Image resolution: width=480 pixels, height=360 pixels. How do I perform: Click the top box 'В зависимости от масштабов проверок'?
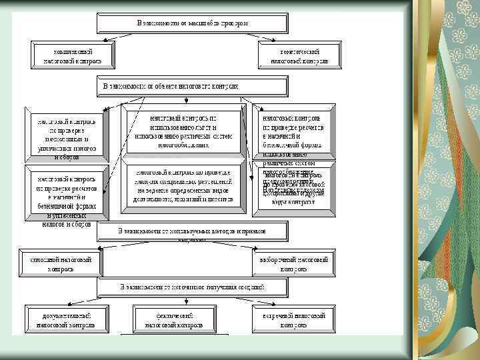[x=193, y=23]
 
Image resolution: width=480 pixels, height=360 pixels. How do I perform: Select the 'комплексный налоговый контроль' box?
[x=73, y=55]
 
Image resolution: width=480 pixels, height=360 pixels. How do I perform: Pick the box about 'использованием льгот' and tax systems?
[x=183, y=131]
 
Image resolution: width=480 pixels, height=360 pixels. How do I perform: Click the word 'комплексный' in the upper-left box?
[x=73, y=51]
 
